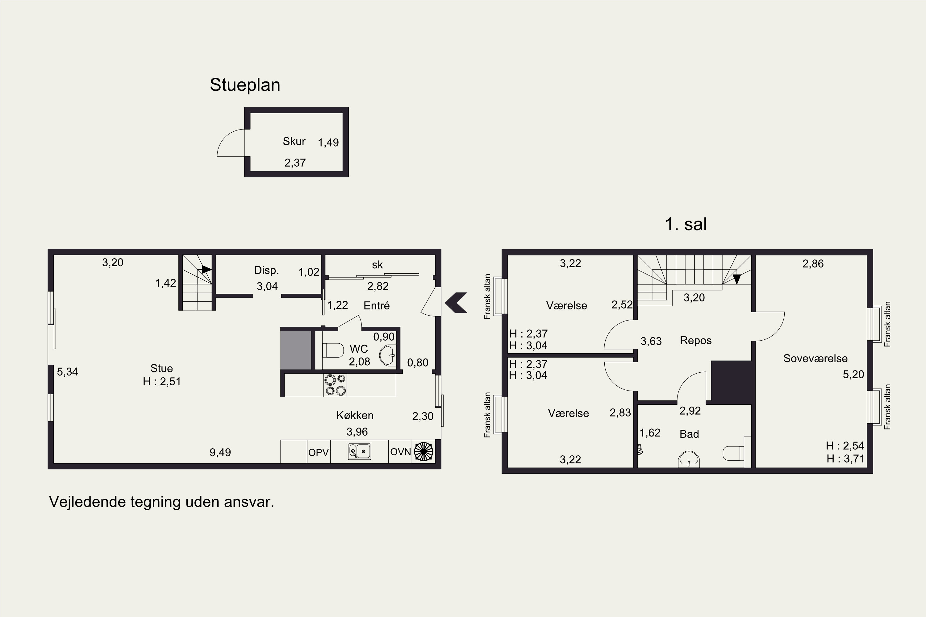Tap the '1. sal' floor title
click(x=686, y=224)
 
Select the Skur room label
click(x=294, y=141)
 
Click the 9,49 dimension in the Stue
click(x=220, y=453)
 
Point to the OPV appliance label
click(x=319, y=453)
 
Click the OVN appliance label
click(x=400, y=452)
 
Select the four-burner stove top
click(x=335, y=385)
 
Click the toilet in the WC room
click(x=333, y=350)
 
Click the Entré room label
click(x=376, y=306)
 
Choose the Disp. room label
click(x=267, y=270)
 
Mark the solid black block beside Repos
click(x=732, y=383)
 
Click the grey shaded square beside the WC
click(x=296, y=350)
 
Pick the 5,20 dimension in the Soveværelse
click(x=853, y=374)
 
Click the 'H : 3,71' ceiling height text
click(x=845, y=459)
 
